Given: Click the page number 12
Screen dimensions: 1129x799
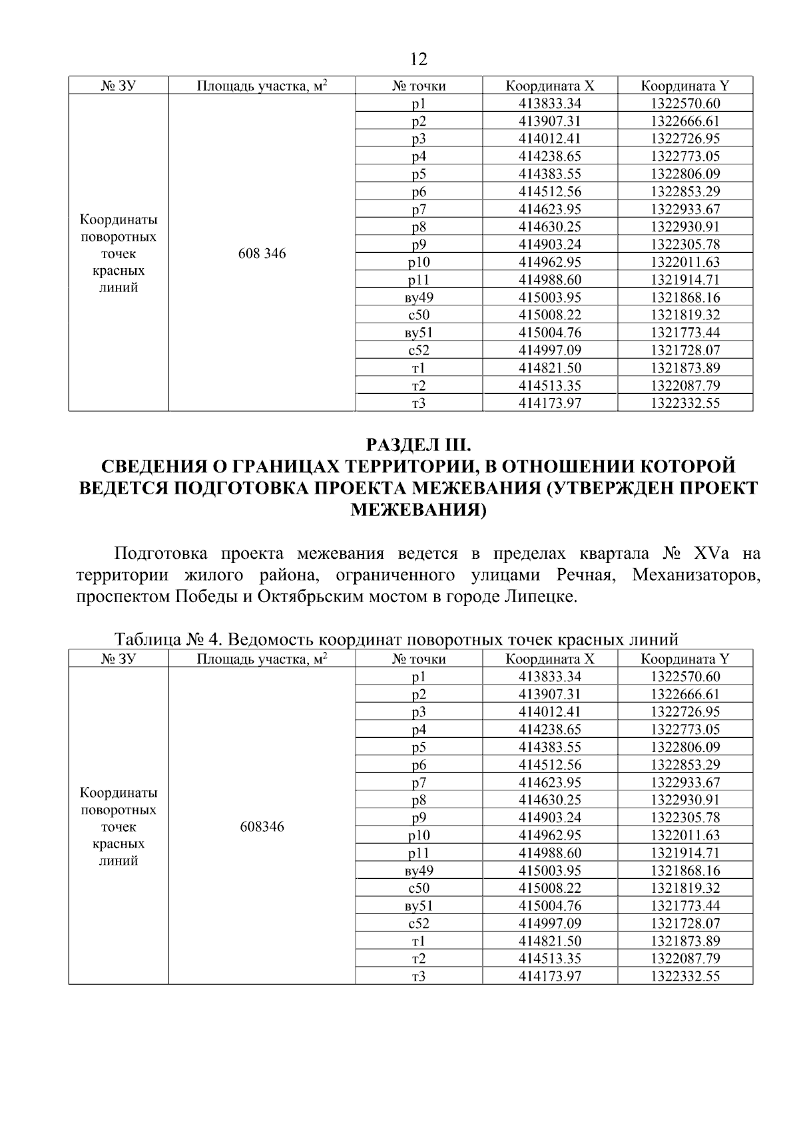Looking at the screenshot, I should [x=419, y=60].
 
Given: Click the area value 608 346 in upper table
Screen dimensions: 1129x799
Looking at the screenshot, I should [x=262, y=253].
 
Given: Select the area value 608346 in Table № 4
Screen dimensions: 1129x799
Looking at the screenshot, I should [x=262, y=827].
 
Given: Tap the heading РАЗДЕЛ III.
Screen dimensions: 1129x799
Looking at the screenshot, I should [x=419, y=444].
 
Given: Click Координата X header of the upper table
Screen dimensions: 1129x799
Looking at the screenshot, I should [x=550, y=86].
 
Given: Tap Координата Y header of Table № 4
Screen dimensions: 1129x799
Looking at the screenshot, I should [x=685, y=659].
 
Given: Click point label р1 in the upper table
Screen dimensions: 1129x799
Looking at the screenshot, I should [x=419, y=104].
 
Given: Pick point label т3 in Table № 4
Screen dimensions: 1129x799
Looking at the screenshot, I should [x=419, y=976].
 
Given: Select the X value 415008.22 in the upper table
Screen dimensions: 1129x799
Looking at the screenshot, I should [x=550, y=315].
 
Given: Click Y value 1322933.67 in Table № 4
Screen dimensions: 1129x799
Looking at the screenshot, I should [x=685, y=782].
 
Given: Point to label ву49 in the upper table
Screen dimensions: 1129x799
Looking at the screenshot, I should [x=419, y=297].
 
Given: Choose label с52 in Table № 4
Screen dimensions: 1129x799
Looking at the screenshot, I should [x=419, y=923].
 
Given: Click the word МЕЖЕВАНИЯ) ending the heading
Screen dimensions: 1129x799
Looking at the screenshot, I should [x=419, y=510].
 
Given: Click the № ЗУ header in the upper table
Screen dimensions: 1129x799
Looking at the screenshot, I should [x=119, y=86].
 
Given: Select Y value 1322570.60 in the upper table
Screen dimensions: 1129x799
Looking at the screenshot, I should [x=685, y=104].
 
